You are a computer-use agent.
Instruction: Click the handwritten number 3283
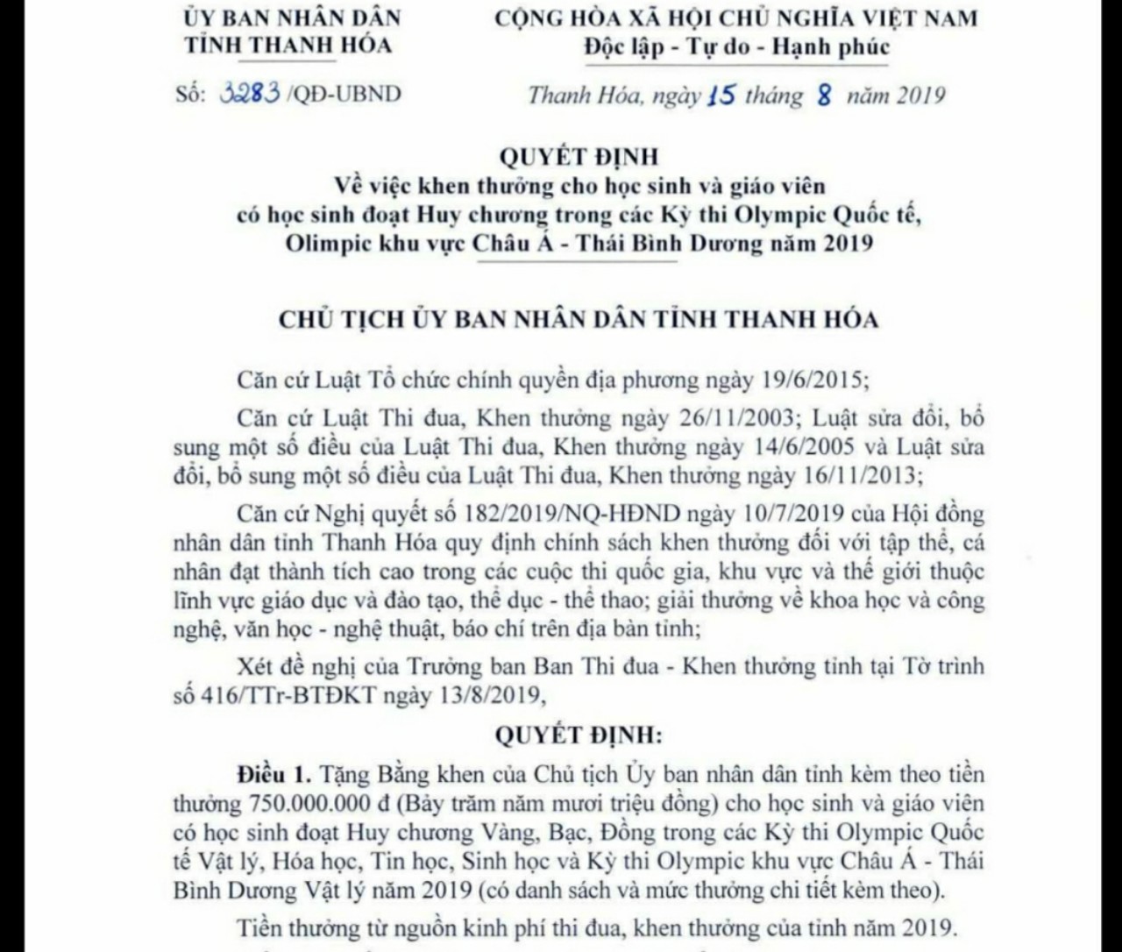click(251, 93)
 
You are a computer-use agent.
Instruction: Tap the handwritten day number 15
click(720, 95)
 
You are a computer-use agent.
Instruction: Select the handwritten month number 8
click(823, 95)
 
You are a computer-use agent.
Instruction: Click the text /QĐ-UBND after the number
click(343, 93)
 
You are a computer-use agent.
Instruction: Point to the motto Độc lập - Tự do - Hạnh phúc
click(736, 47)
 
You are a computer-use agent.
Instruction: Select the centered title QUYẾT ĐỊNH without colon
click(579, 157)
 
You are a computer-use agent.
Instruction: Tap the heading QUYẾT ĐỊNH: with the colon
click(579, 735)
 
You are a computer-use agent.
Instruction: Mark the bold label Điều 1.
click(273, 775)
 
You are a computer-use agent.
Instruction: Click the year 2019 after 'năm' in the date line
click(920, 95)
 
